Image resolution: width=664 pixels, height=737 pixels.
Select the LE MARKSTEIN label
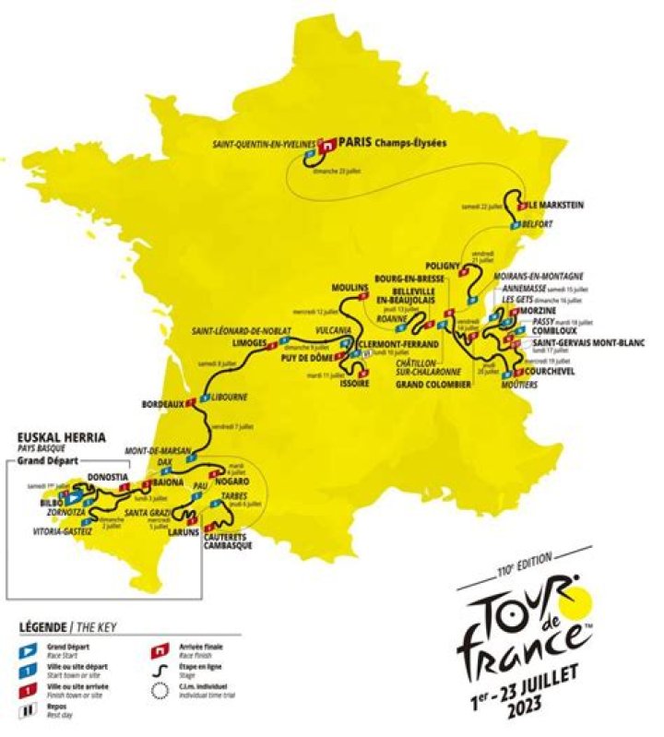pos(555,204)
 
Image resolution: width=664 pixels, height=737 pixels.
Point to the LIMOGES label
pos(249,342)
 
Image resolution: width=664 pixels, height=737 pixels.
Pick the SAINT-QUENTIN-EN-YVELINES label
pos(263,144)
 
